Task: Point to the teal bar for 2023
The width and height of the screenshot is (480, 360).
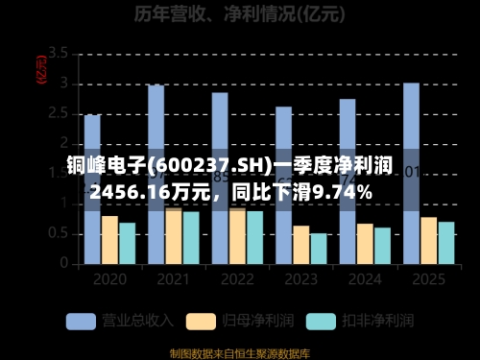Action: tap(318, 249)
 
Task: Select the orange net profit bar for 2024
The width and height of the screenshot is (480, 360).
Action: tap(365, 244)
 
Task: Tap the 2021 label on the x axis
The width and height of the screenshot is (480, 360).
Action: tap(173, 279)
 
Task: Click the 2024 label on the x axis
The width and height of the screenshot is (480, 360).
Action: tap(365, 279)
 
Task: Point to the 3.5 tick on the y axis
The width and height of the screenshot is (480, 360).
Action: tap(58, 53)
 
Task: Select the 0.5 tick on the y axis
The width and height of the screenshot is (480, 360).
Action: tap(58, 233)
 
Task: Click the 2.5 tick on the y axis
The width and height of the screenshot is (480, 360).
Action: tap(58, 113)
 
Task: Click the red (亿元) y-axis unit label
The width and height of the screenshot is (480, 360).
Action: tap(40, 67)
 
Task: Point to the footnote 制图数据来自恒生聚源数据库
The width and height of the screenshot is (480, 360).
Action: tap(240, 351)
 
